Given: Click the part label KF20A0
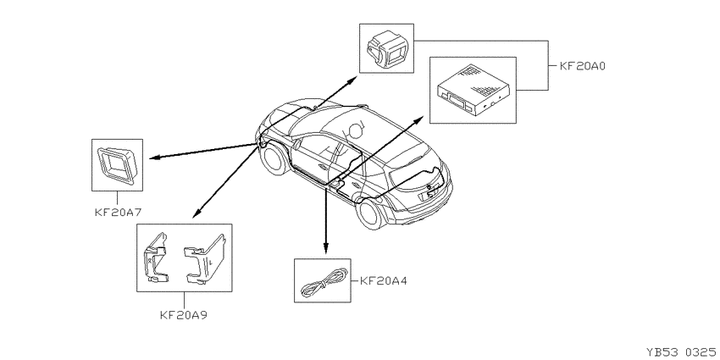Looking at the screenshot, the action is click(583, 66).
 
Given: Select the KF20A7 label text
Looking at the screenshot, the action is click(118, 213).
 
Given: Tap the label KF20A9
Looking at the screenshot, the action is click(184, 315).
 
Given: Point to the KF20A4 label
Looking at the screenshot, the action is click(384, 280).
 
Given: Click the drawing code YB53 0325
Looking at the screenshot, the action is click(681, 352).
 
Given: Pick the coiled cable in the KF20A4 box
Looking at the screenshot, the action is click(323, 283).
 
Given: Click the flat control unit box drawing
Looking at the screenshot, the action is click(473, 90).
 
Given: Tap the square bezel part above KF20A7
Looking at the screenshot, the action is click(117, 164).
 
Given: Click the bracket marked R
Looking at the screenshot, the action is click(156, 258).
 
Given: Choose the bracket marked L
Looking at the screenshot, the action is click(203, 259).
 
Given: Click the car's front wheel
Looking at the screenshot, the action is click(274, 159).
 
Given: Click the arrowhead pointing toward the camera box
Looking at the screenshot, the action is click(352, 80).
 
